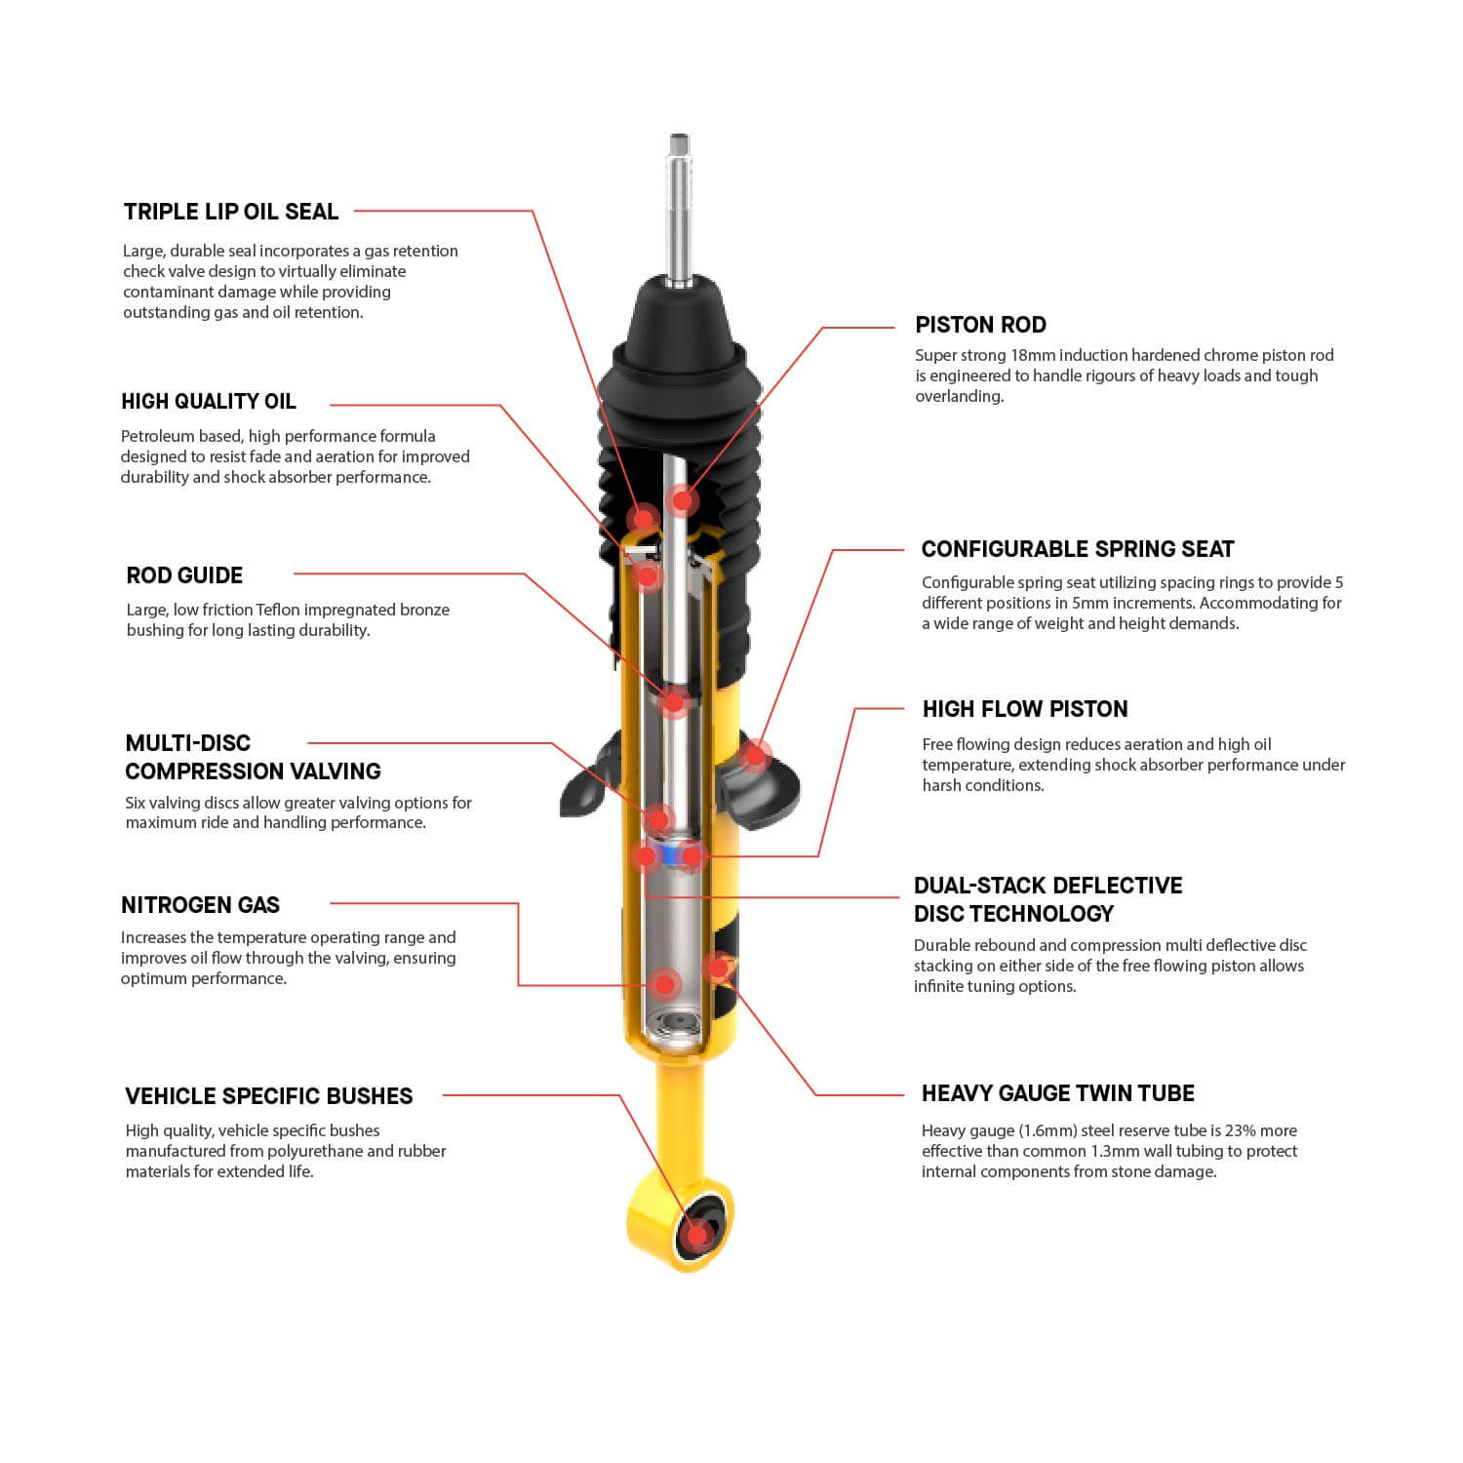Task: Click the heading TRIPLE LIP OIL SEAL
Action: click(x=230, y=212)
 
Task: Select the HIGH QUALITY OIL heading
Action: click(x=209, y=402)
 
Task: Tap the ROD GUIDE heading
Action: click(x=184, y=575)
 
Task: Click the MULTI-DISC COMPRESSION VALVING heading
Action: click(x=253, y=757)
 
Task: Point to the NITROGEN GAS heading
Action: click(x=200, y=905)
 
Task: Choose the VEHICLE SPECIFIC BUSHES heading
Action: click(x=269, y=1096)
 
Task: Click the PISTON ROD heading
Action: click(x=980, y=325)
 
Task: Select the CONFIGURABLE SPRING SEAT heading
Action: click(x=1078, y=549)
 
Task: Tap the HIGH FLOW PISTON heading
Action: click(x=1024, y=709)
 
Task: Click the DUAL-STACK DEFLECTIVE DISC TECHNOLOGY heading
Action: click(x=1048, y=899)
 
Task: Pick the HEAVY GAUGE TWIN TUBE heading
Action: click(x=1057, y=1093)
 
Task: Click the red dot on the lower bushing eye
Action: click(x=697, y=1235)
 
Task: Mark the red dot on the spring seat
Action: click(x=754, y=754)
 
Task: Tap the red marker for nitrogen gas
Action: click(x=664, y=984)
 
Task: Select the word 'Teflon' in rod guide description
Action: click(x=278, y=610)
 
